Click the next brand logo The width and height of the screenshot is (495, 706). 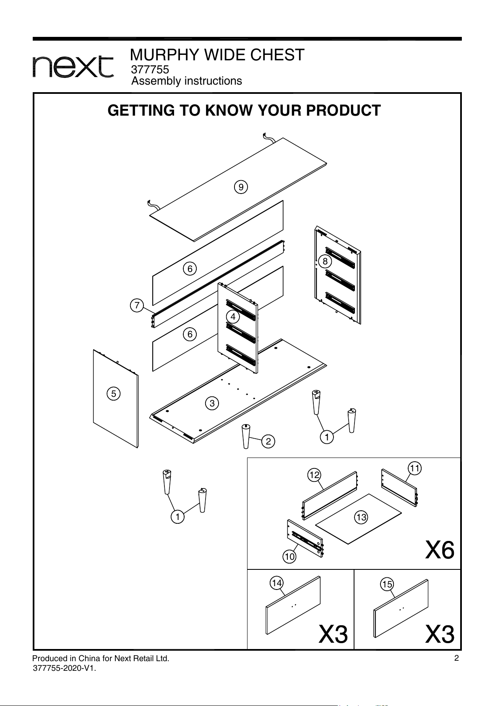point(73,67)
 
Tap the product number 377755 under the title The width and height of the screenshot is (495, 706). point(150,69)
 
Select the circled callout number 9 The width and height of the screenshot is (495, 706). point(241,187)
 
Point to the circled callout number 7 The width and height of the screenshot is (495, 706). point(137,305)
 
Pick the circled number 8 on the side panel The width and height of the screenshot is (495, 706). point(325,261)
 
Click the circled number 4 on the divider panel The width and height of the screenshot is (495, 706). point(233,316)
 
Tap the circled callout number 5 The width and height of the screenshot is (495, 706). point(114,394)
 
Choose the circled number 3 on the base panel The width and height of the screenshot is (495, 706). point(212,403)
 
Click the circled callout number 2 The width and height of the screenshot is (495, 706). point(268,442)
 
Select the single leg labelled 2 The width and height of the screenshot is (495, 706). point(246,437)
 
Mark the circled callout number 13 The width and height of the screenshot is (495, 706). point(361,517)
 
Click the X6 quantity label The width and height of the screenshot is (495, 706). point(440,550)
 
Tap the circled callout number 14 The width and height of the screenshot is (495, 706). point(277,583)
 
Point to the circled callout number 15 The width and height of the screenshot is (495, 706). point(387,584)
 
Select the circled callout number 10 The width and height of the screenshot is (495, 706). point(289,557)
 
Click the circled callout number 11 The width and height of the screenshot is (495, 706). point(415,468)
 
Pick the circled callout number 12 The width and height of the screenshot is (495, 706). point(314,475)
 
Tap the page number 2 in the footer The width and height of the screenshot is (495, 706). point(456,658)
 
